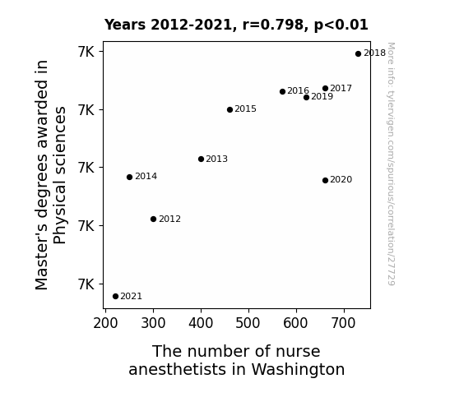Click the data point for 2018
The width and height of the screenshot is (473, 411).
point(358,54)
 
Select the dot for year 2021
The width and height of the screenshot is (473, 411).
point(115,297)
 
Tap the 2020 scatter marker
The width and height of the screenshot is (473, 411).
point(325,180)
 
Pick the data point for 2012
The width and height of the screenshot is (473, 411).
point(153,219)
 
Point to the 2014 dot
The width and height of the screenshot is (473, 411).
point(129,177)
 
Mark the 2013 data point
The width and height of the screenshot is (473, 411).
point(202,159)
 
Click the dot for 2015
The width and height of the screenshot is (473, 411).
point(230,109)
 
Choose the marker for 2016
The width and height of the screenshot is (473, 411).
point(282,91)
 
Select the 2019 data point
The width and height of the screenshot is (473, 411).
point(306,97)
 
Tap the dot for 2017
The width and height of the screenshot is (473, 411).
point(325,88)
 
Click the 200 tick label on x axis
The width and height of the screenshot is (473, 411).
point(105,323)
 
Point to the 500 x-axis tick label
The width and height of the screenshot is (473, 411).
point(248,323)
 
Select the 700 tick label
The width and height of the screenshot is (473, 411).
point(344,323)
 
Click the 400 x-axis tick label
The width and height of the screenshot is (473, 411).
point(201,323)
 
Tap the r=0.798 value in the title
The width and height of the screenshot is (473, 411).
point(273,25)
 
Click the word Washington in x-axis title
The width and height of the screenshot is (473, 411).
point(298,369)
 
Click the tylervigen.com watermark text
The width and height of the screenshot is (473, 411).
point(391,164)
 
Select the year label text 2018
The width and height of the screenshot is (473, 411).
point(374,53)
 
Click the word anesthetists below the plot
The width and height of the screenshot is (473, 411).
point(178,369)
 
